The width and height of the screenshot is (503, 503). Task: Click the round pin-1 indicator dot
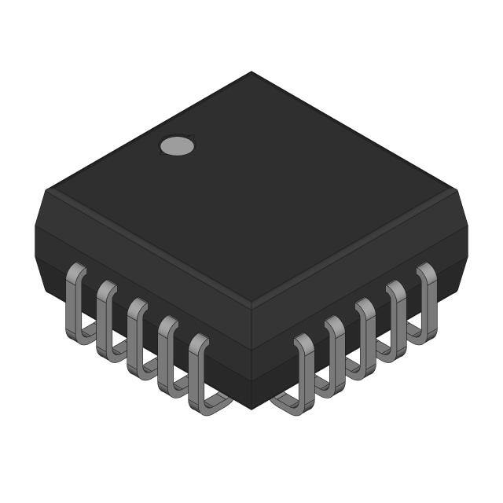coord(177,145)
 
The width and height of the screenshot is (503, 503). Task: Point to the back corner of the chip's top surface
coord(251,72)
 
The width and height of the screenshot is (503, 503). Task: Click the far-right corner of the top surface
coord(456,189)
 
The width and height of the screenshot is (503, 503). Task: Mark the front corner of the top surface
coord(251,308)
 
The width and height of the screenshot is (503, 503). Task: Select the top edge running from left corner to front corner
coord(149,249)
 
